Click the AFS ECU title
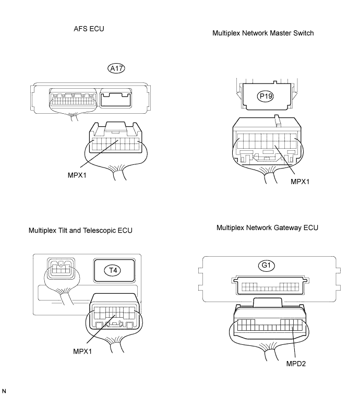pyautogui.click(x=89, y=29)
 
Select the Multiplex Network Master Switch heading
pyautogui.click(x=263, y=33)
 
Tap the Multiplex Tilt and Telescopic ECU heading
pyautogui.click(x=80, y=230)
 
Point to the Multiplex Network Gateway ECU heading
pyautogui.click(x=267, y=228)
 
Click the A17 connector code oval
pyautogui.click(x=116, y=68)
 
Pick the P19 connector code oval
pyautogui.click(x=266, y=96)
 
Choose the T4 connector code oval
pyautogui.click(x=113, y=270)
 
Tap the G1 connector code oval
pyautogui.click(x=266, y=266)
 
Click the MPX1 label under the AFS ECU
pyautogui.click(x=77, y=175)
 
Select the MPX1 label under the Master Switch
pyautogui.click(x=300, y=182)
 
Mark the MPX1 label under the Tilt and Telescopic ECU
pyautogui.click(x=82, y=351)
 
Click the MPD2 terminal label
pyautogui.click(x=296, y=364)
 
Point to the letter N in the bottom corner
pyautogui.click(x=4, y=391)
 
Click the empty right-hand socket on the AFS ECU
pyautogui.click(x=116, y=99)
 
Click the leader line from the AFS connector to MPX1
pyautogui.click(x=99, y=154)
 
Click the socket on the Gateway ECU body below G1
pyautogui.click(x=270, y=286)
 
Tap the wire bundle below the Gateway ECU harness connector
pyautogui.click(x=270, y=351)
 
